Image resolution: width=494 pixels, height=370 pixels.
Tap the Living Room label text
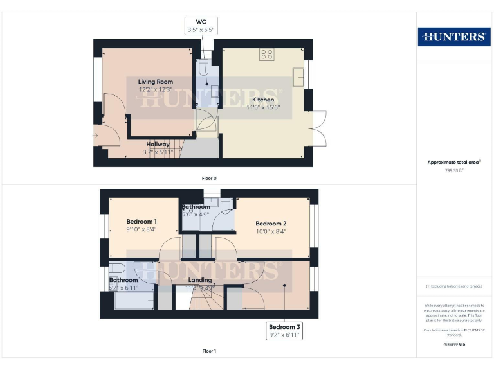tap(156, 82)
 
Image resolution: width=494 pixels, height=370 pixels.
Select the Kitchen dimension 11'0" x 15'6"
tap(263, 109)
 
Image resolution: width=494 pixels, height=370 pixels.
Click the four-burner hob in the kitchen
tap(267, 55)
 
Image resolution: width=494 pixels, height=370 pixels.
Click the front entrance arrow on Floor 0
tap(95, 135)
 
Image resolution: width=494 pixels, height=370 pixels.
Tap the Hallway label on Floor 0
tap(158, 145)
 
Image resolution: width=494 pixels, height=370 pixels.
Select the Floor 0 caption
tap(209, 177)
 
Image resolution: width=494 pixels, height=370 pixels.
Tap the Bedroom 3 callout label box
tap(284, 331)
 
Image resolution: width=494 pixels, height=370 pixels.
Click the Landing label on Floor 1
tap(200, 280)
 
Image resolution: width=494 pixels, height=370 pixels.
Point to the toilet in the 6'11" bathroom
tap(115, 268)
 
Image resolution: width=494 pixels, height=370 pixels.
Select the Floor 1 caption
tap(209, 351)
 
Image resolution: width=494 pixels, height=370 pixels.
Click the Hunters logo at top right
tap(454, 37)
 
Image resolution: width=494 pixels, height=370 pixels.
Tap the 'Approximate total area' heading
tap(454, 163)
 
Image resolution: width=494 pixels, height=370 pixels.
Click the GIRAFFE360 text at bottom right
tap(454, 345)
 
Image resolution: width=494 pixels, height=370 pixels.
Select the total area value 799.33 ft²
tap(454, 171)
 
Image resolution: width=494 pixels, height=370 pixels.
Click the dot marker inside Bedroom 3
tap(284, 285)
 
